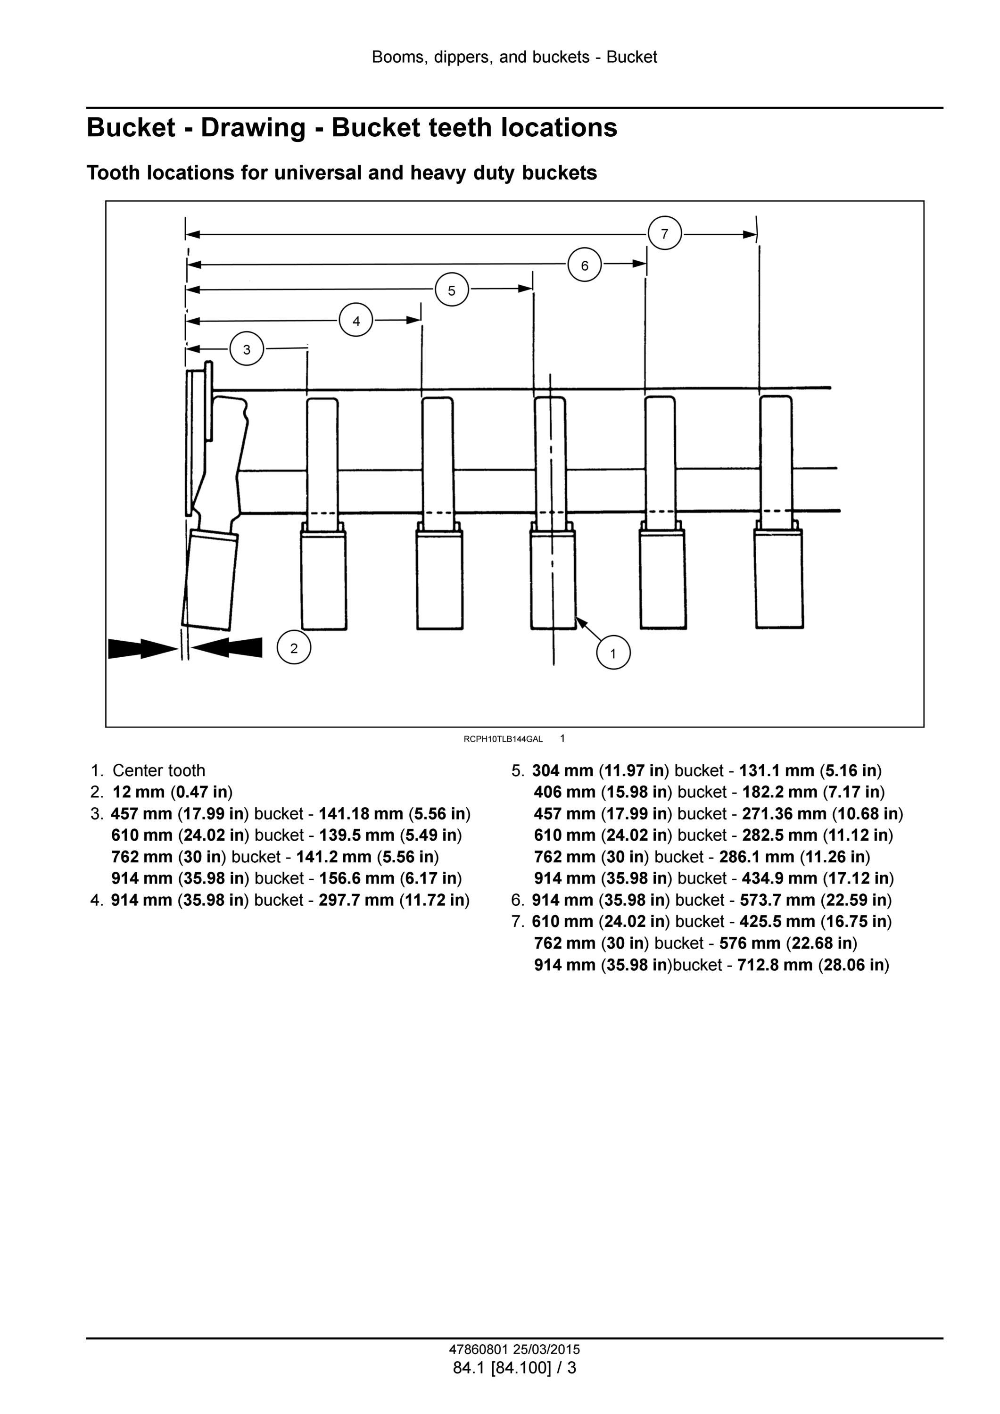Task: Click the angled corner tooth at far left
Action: click(x=210, y=579)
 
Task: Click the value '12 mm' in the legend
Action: click(x=139, y=792)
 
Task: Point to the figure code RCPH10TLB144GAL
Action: click(x=503, y=739)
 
